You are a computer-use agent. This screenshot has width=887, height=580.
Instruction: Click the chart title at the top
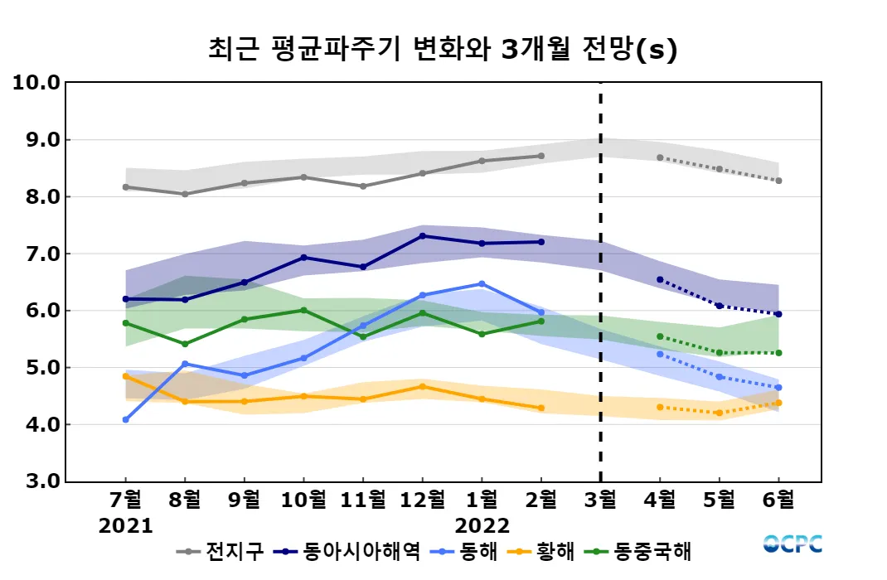coord(443,50)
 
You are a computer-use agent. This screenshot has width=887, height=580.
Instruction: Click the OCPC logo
coord(792,544)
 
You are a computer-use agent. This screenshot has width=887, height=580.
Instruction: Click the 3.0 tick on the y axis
coord(36,481)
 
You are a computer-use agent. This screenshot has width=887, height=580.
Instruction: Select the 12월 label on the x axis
coord(422,500)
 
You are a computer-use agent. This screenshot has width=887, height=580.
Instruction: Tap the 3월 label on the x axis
coord(600,500)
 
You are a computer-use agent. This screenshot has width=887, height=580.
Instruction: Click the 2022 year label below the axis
coord(482,525)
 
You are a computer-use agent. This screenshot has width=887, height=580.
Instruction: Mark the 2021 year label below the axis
coord(126,525)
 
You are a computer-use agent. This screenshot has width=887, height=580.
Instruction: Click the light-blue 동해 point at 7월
coord(126,420)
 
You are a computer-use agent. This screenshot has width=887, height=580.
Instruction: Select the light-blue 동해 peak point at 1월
coord(482,284)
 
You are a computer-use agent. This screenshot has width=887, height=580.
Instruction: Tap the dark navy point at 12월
coord(422,236)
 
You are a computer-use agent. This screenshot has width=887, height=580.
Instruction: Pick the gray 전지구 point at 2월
coord(541,156)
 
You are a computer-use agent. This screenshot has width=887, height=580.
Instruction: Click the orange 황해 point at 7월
coord(126,376)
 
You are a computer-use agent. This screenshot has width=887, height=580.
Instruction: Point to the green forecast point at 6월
coord(778,353)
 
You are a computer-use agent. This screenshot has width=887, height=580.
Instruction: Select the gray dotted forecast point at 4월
coord(660,157)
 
